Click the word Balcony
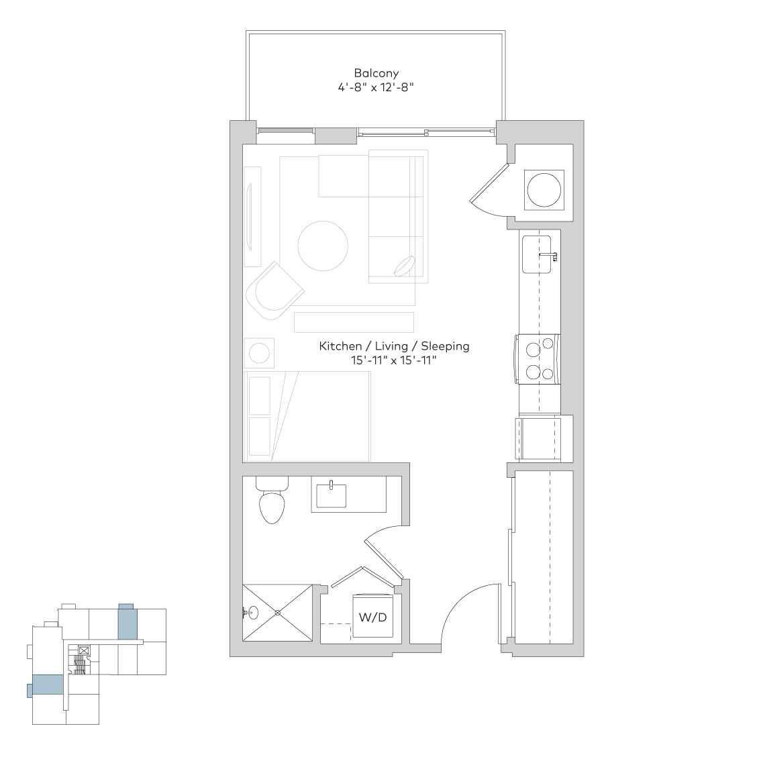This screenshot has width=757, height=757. tap(376, 73)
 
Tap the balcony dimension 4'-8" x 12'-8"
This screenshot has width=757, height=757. tap(376, 87)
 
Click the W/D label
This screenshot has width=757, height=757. tap(372, 617)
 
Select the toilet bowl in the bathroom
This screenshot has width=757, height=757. tap(272, 507)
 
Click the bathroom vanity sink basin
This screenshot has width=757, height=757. tap(332, 496)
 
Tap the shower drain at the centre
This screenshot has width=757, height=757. tap(278, 613)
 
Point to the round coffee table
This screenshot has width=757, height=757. tap(323, 246)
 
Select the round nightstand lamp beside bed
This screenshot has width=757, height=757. tap(259, 353)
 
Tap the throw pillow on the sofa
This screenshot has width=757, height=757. tap(405, 266)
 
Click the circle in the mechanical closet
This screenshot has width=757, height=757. tap(544, 190)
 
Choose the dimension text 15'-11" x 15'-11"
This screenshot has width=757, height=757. tap(393, 360)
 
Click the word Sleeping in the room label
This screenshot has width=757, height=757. tap(445, 346)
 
